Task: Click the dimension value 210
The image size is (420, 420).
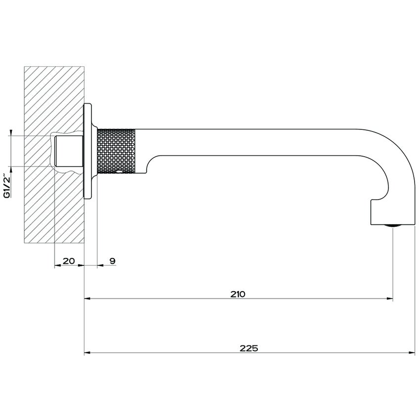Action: (238, 294)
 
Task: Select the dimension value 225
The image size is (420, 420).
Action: (249, 347)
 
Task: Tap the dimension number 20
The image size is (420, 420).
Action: (68, 260)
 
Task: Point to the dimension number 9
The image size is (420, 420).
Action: (112, 260)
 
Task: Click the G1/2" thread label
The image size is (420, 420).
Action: (7, 185)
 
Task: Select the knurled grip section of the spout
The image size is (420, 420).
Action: (116, 152)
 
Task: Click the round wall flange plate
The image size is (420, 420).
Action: (89, 152)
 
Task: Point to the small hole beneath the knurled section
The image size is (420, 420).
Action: (119, 173)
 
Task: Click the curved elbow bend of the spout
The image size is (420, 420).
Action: (395, 158)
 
